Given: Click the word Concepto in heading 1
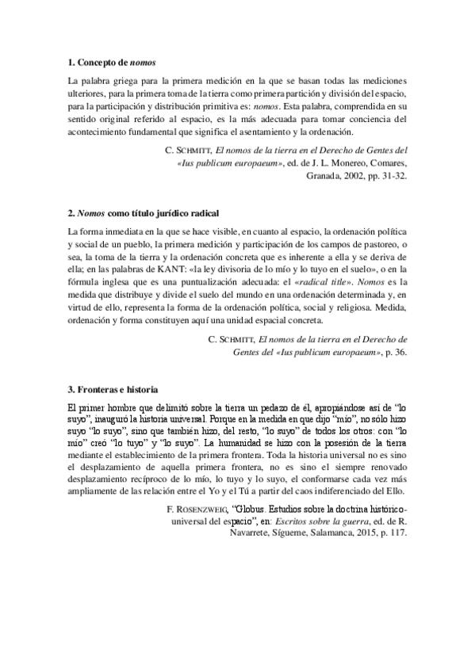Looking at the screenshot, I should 100,61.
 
